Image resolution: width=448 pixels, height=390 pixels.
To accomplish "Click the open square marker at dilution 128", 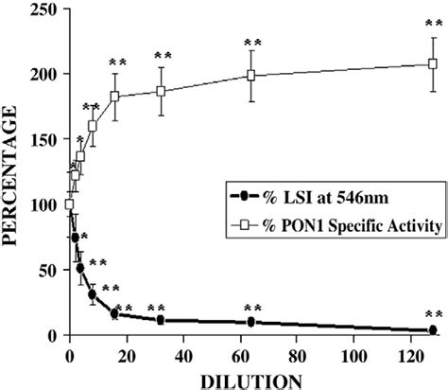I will [433, 64].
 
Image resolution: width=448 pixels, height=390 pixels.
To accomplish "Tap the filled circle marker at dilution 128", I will [433, 330].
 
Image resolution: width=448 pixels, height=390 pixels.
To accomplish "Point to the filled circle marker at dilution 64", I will [251, 323].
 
